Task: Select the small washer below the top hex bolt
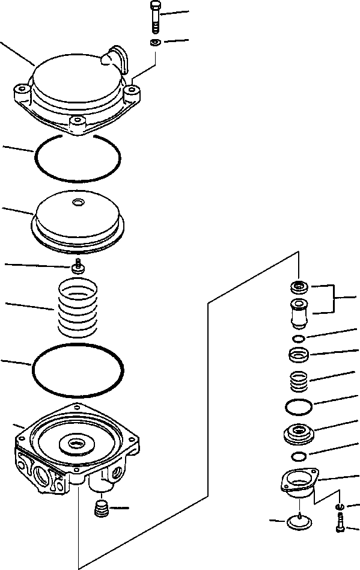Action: [155, 42]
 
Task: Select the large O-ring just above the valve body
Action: [78, 370]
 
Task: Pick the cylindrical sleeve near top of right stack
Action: [299, 313]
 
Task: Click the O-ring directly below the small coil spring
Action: [299, 407]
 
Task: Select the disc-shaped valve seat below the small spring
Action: [299, 432]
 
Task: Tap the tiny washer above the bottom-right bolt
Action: [340, 507]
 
